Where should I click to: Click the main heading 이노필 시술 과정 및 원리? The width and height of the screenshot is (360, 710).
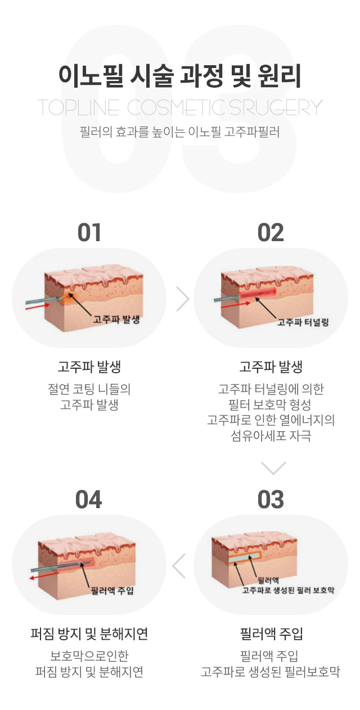coord(180,76)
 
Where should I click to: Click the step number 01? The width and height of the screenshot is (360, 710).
coord(89,232)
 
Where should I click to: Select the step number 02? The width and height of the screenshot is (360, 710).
coord(271,232)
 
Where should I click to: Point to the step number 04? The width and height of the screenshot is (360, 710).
coord(89,500)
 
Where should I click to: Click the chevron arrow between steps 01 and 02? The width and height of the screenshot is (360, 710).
coord(183,299)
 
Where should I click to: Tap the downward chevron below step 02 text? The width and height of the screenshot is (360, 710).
coord(273,468)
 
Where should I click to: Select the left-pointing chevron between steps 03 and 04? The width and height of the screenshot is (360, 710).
coord(178,566)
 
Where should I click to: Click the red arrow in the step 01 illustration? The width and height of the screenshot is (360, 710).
coord(38,306)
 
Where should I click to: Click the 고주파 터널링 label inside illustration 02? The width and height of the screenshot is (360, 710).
coord(303,322)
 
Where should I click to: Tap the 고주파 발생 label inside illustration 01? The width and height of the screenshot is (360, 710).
coord(116,319)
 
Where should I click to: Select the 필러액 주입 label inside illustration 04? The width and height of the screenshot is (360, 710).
coord(112,590)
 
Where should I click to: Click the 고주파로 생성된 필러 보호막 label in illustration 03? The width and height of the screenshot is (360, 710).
coord(288,590)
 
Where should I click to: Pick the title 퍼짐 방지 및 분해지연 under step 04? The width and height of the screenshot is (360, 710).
coord(89,634)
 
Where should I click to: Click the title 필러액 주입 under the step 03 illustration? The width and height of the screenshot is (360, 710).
coord(271,634)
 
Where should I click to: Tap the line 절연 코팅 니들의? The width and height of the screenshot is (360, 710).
coord(89,389)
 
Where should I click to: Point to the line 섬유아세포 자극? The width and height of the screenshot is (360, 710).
coord(271,436)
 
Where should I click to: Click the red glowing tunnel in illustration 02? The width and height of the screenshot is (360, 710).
coord(258,293)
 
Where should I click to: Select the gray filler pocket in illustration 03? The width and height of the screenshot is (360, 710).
coord(244,558)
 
